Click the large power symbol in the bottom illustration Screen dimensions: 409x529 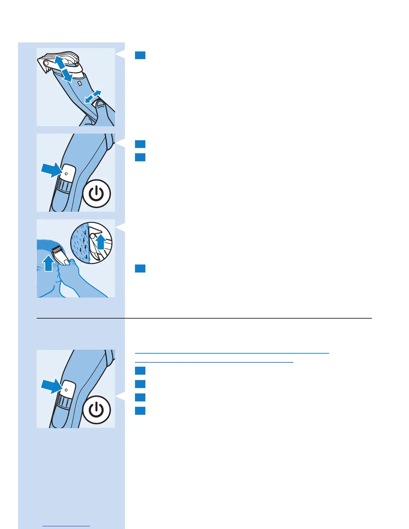[x=97, y=410]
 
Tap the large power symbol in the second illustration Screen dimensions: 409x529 [x=97, y=194]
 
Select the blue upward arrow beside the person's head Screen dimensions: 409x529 [x=49, y=262]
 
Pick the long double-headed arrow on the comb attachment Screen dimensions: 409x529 [x=63, y=69]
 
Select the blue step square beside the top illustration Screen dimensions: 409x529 [x=140, y=55]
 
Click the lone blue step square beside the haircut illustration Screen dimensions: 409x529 [x=140, y=269]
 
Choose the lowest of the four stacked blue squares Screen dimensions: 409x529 [x=140, y=410]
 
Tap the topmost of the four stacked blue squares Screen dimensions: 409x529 [x=140, y=371]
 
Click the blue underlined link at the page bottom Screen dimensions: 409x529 [x=66, y=526]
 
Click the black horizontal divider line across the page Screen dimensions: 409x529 [x=204, y=318]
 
